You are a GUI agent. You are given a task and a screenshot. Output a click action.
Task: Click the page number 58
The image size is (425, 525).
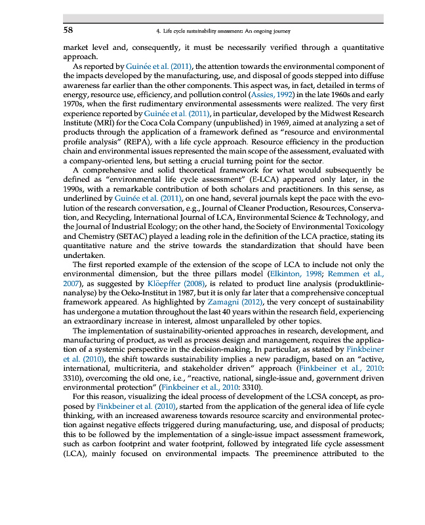[x=68, y=30]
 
